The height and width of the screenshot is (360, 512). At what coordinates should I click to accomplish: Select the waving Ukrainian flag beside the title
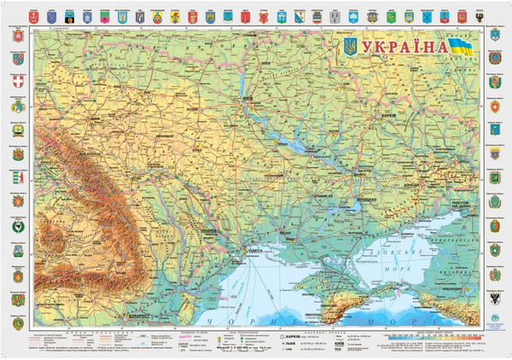coord(461,46)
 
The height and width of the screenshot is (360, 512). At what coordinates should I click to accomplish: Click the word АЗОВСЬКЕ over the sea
coord(406,253)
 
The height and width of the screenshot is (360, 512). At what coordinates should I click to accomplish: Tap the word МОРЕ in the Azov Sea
coord(408,266)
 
